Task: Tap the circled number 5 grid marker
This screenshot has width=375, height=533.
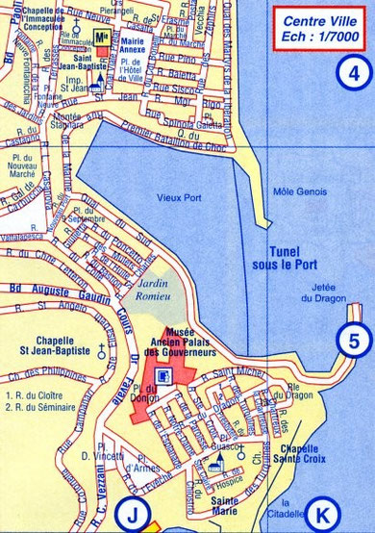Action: coord(355,339)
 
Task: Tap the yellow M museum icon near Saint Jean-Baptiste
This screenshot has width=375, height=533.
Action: coord(101,38)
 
